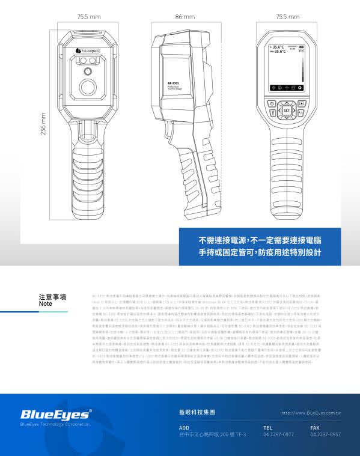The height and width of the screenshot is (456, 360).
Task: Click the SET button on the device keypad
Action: click(x=287, y=111)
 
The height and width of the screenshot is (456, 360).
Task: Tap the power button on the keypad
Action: click(x=272, y=103)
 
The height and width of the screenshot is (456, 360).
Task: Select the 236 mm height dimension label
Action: click(x=43, y=123)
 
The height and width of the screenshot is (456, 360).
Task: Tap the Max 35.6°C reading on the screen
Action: click(x=278, y=52)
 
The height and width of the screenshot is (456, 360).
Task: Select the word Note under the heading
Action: click(x=46, y=304)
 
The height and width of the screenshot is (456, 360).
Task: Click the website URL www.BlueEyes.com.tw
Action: click(x=311, y=413)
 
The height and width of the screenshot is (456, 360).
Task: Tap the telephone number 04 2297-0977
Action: click(x=278, y=434)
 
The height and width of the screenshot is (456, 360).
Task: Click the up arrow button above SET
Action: click(x=287, y=102)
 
